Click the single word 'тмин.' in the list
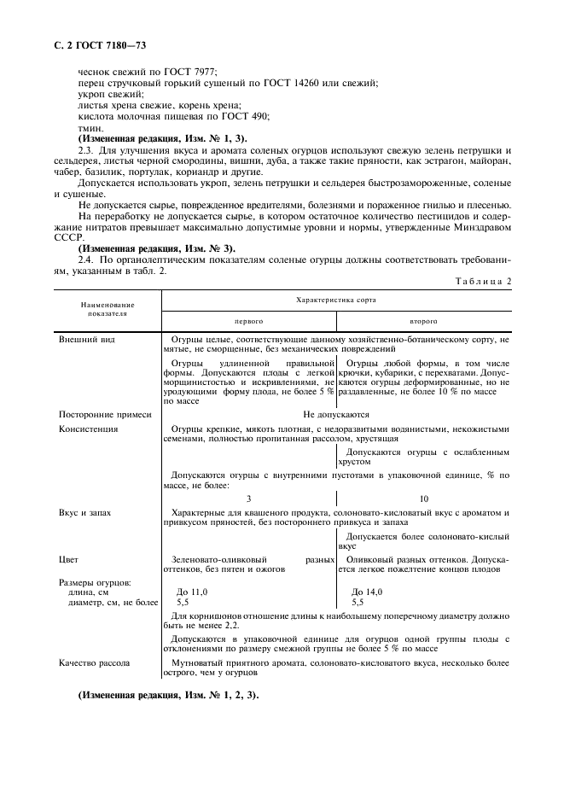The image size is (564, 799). point(89,127)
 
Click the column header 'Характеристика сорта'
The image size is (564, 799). point(336,300)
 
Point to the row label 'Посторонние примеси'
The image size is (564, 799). point(104,415)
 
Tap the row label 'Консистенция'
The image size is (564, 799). point(88,429)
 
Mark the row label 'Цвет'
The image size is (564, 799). point(68,560)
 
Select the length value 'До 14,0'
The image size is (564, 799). point(367,592)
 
